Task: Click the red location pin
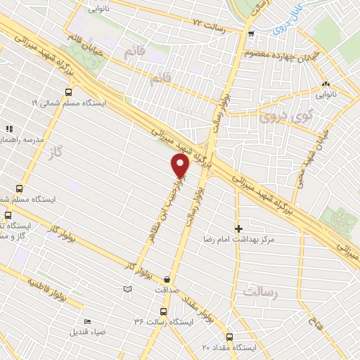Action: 181,165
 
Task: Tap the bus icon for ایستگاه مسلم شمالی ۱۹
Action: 68,92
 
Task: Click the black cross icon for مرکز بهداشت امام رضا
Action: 238,229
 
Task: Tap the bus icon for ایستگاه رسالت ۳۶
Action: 163,311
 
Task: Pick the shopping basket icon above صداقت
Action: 167,279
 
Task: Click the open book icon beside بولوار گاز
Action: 127,288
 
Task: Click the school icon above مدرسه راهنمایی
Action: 9,129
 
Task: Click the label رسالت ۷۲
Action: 208,24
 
